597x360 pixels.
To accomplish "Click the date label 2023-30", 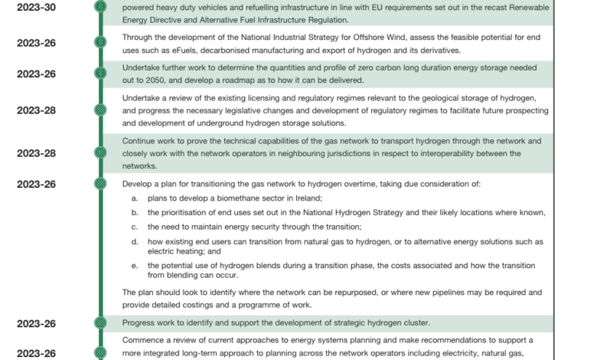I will pos(35,7).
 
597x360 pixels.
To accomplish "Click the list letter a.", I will pos(133,198).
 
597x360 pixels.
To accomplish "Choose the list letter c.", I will pos(133,227).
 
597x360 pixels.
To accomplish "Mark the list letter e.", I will pos(133,264).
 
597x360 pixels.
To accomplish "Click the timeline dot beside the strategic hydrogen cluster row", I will pos(99,324).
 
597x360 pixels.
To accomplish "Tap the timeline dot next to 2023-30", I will pos(99,7).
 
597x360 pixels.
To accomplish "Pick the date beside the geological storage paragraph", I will pos(35,110).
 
